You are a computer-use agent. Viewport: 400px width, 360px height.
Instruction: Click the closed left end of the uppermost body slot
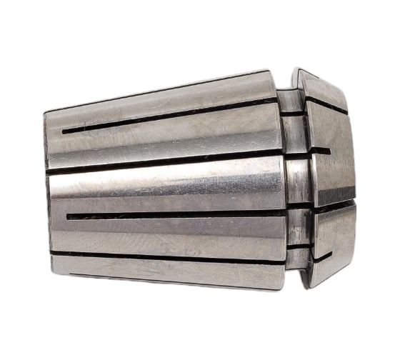(x=64, y=131)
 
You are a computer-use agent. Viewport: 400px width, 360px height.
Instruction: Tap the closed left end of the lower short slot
(x=68, y=216)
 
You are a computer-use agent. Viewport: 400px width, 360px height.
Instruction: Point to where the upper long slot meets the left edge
(x=47, y=172)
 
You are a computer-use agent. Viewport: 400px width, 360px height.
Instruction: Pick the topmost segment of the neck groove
(x=289, y=100)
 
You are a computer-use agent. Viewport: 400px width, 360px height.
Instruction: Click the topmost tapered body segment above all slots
(x=157, y=100)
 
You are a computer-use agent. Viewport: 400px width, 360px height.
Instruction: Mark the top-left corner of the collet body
(x=45, y=113)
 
